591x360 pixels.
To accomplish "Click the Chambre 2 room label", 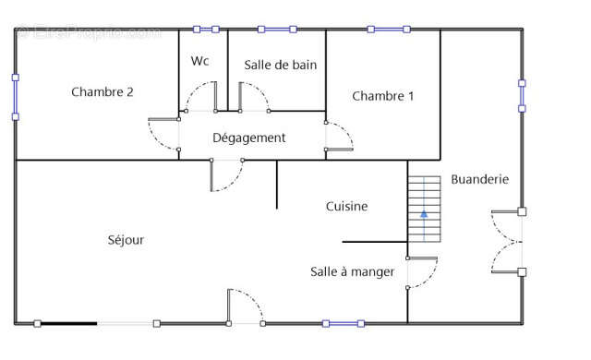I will coord(103,91).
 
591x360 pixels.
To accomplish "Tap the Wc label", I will coord(200,61).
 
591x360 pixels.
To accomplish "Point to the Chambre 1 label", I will coord(382,95).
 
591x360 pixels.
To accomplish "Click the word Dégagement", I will coord(249,138).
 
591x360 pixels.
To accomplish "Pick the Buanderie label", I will coord(479,179).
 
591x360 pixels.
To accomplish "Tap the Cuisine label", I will coord(346,207).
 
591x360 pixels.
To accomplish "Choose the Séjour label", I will coord(126,240).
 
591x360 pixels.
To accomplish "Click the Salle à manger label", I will coord(352,271).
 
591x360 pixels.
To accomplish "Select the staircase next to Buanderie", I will coord(425,209).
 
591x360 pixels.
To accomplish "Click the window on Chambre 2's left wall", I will coord(15,97).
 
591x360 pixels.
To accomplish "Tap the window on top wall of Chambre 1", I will coord(387,30).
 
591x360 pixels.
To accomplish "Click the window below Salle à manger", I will coord(339,323).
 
